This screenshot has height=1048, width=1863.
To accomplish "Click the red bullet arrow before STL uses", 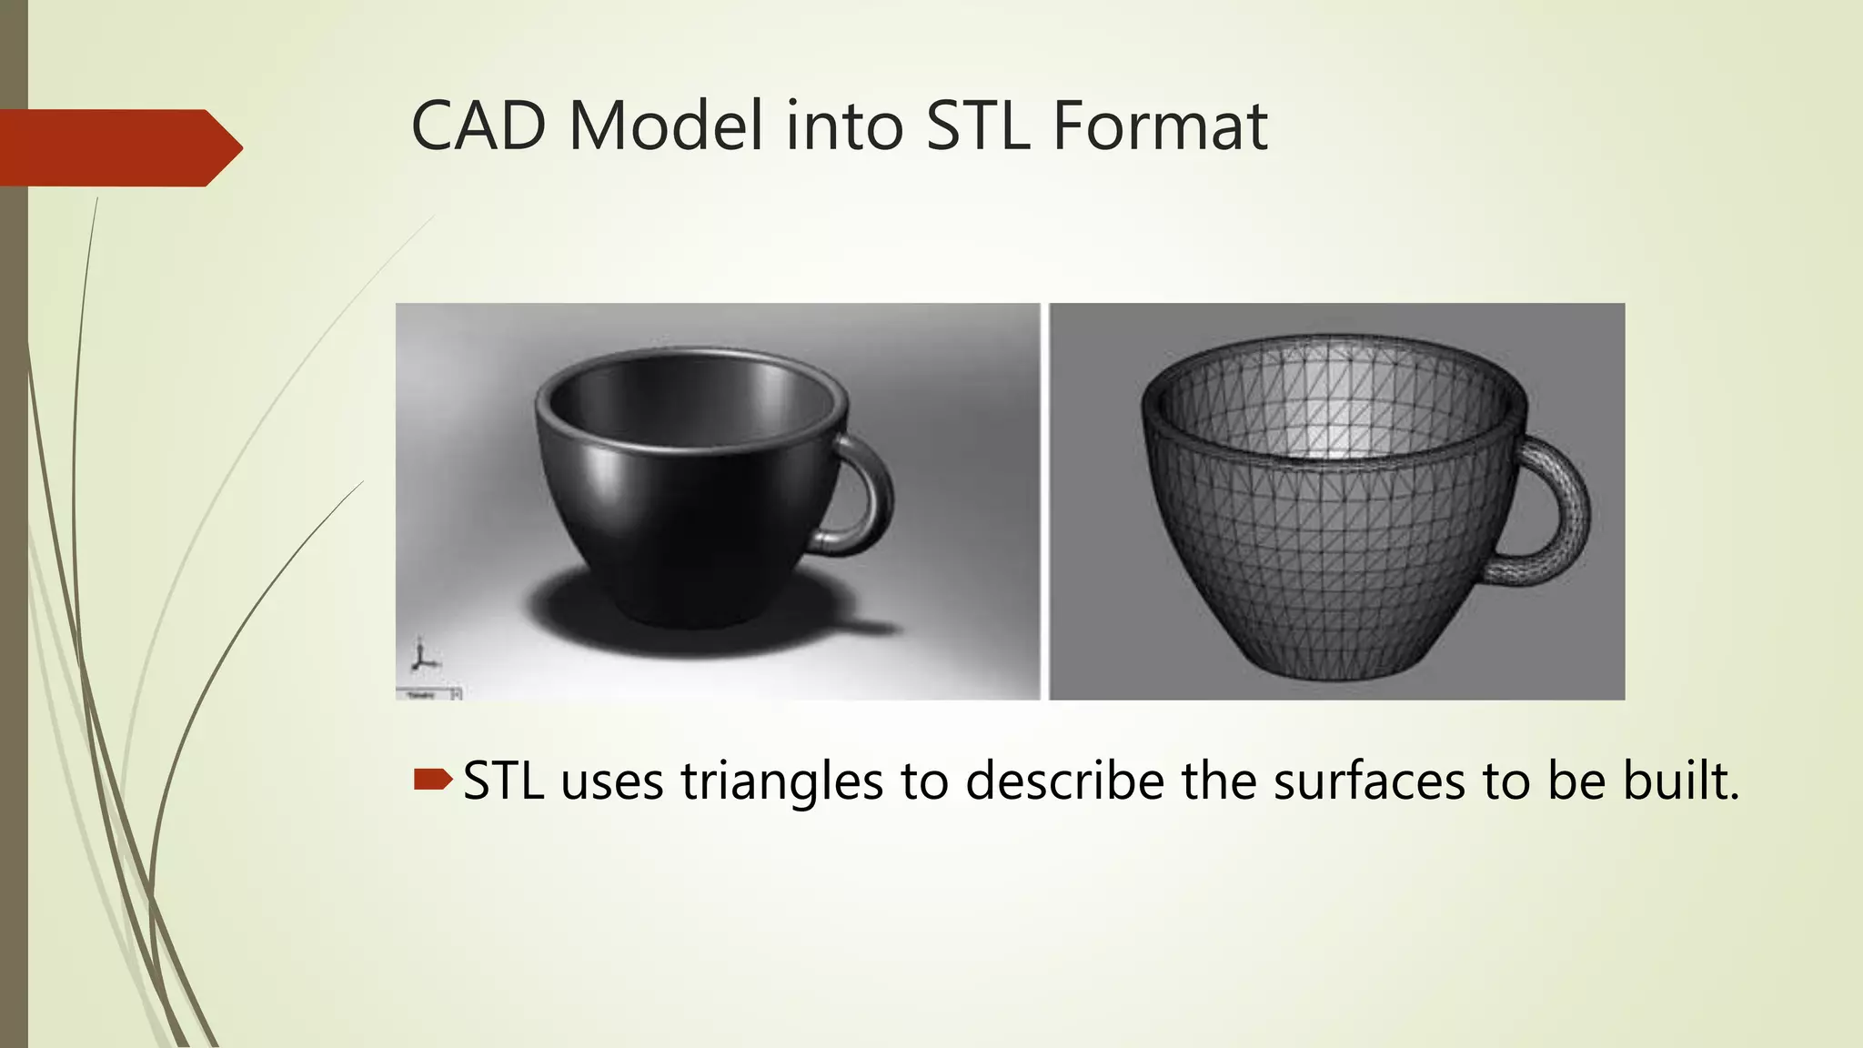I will [x=432, y=779].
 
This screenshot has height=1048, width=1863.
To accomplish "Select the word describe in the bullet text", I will [x=1063, y=781].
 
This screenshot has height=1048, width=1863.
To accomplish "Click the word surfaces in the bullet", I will [x=1368, y=781].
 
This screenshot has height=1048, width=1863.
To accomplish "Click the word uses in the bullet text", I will [x=612, y=781].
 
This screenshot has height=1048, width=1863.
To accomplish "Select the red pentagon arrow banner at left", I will [x=118, y=147].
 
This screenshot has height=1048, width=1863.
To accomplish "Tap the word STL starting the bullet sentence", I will [x=503, y=781].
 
